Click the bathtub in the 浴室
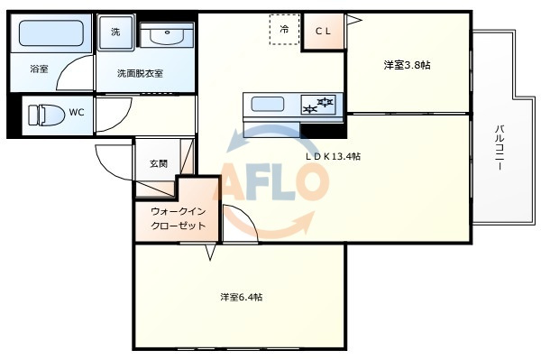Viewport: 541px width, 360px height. point(51,33)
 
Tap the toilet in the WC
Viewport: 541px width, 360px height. point(46,115)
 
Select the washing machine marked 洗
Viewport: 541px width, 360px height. point(115,32)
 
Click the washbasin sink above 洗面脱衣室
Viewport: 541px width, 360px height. point(167,35)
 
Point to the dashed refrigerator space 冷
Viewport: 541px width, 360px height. point(284,30)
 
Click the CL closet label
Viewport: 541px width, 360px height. point(324,32)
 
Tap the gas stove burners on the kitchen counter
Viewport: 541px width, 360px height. point(318,105)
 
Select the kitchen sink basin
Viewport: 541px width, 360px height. point(268,105)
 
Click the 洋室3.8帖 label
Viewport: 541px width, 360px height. point(408,65)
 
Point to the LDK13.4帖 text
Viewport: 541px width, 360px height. point(333,156)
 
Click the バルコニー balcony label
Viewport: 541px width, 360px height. point(500,148)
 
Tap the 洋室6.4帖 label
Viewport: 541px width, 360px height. point(242,297)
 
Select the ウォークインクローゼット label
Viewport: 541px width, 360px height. point(179,218)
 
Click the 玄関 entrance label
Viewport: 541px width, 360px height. point(159,163)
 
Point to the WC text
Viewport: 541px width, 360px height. point(77,112)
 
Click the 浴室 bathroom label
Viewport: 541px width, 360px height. point(39,69)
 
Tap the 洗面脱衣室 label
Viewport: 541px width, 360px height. point(140,73)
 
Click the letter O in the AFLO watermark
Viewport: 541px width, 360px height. point(307,181)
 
